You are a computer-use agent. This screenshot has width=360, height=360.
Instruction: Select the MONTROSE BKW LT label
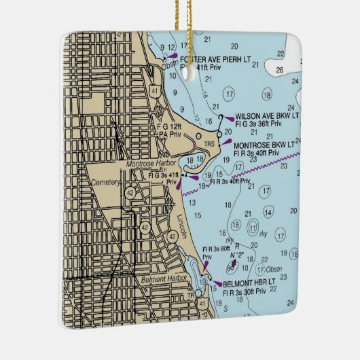264,145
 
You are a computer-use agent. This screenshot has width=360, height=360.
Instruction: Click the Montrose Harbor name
151,164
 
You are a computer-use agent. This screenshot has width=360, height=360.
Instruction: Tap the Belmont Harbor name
159,278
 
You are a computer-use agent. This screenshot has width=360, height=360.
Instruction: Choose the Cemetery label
105,183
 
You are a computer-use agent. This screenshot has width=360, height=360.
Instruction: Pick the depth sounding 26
279,69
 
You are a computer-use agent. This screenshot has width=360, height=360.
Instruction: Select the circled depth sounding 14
269,213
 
